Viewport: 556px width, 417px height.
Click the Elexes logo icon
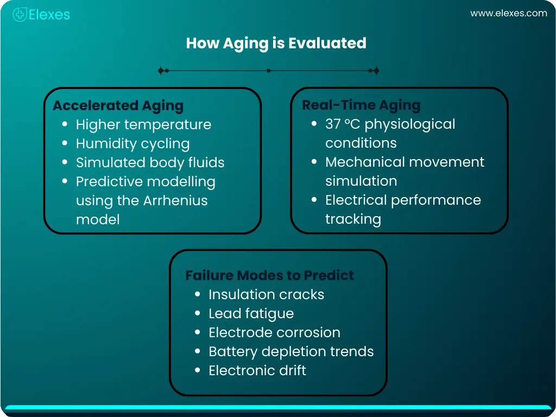tap(20, 15)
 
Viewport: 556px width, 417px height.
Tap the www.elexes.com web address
tap(508, 14)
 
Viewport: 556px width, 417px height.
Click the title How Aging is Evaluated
tap(276, 43)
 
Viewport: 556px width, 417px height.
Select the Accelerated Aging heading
tap(118, 105)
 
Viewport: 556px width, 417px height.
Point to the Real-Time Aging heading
tap(361, 105)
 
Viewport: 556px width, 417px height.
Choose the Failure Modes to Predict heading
tap(269, 275)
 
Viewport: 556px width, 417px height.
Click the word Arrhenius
tap(175, 200)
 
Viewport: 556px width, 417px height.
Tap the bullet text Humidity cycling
tap(132, 143)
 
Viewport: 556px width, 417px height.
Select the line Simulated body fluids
tap(150, 162)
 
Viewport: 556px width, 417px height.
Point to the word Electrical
tap(356, 200)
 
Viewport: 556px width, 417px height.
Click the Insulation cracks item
tap(266, 294)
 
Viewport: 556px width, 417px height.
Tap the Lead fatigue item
tap(251, 313)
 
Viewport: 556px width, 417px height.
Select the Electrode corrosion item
tap(274, 332)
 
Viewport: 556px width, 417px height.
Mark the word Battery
tap(232, 351)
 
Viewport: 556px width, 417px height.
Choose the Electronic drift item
tap(257, 370)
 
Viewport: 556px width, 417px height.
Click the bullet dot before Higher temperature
tap(65, 124)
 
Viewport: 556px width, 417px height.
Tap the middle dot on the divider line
tap(269, 71)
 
